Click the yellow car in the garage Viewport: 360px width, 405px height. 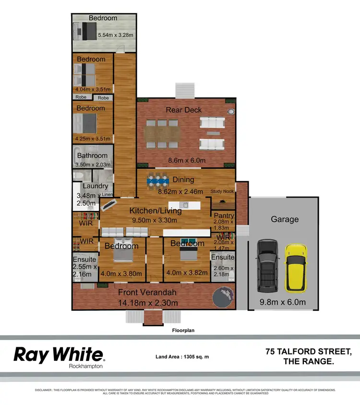pos(296,268)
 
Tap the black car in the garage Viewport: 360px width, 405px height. pos(267,266)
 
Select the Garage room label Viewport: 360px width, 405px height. pos(284,219)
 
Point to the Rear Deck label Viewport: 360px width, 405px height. pos(184,110)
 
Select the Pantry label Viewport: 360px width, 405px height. pos(223,216)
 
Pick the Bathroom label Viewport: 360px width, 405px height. pos(92,156)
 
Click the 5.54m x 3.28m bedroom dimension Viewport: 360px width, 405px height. pos(115,35)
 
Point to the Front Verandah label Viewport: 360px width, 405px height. pos(147,293)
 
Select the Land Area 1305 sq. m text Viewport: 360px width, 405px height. pos(182,356)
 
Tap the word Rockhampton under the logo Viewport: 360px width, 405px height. pos(86,366)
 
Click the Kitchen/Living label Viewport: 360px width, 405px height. pos(156,210)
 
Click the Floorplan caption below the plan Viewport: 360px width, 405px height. pos(184,331)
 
